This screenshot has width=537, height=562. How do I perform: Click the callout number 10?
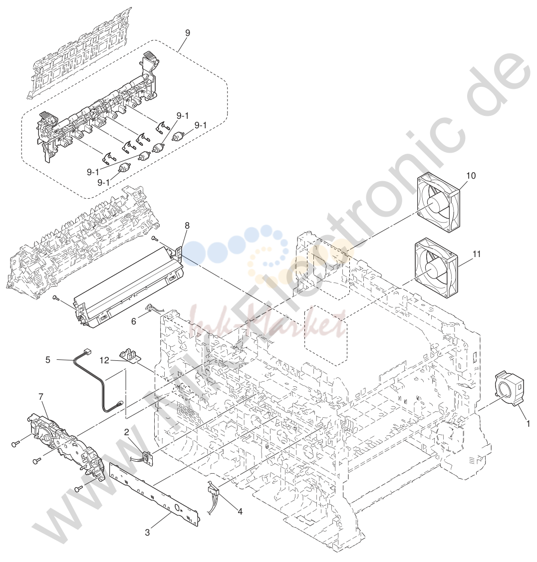[471, 176]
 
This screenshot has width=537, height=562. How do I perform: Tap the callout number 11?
[477, 254]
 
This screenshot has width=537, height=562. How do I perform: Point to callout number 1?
[528, 423]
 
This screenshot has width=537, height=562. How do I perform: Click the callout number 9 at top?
[188, 32]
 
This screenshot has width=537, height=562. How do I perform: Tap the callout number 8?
[187, 226]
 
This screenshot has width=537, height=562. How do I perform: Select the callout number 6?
[134, 321]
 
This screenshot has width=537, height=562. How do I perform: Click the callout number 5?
[48, 359]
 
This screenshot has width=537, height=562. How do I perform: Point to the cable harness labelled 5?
[98, 382]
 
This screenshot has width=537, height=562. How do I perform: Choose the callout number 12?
[104, 360]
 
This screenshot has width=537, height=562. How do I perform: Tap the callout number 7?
[40, 396]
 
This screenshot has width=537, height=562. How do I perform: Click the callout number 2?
[127, 432]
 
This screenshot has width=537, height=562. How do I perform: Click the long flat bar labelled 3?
[155, 494]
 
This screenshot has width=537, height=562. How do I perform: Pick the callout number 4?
[240, 512]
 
